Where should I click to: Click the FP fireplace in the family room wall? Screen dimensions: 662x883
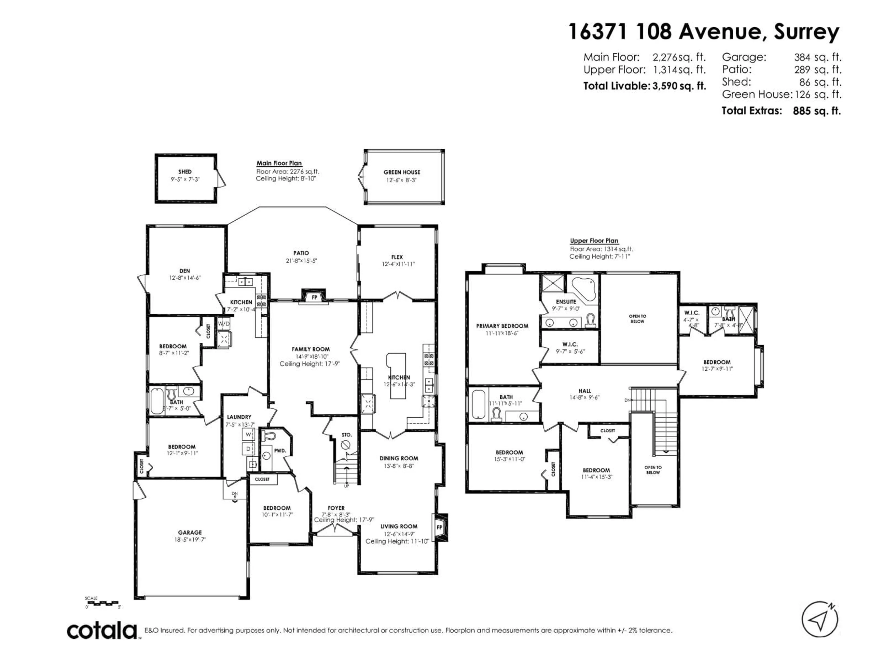coord(314,297)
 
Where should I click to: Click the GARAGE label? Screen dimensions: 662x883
coord(190,532)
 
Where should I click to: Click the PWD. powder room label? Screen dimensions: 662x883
coord(280,451)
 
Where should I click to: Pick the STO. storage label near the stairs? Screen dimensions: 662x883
coord(347,434)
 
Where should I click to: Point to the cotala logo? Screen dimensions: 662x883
coord(102,631)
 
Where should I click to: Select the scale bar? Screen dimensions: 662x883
coord(103,603)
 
